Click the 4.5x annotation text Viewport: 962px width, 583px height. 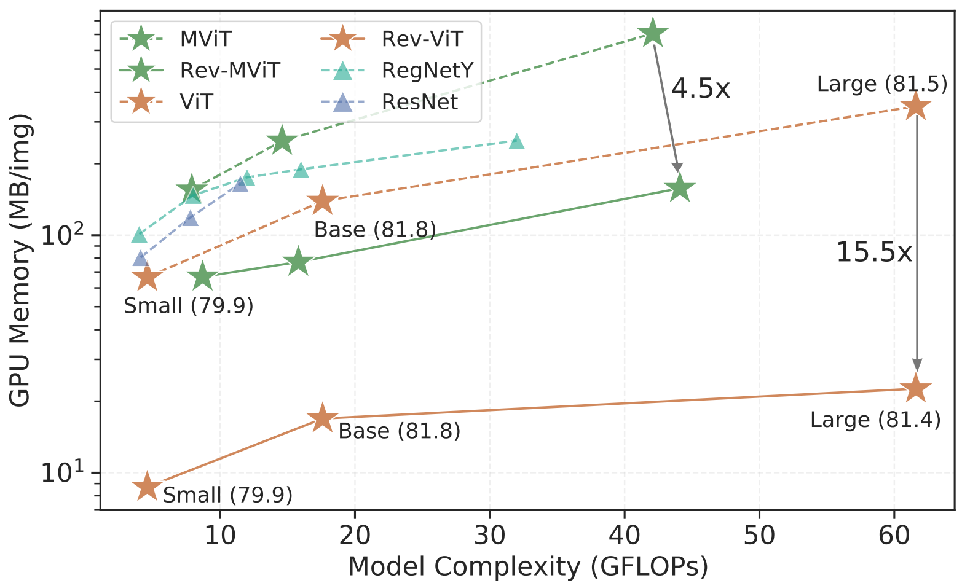point(700,89)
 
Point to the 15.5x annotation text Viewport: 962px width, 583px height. point(873,252)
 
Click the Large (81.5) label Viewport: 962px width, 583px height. point(882,84)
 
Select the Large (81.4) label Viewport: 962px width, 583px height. point(875,420)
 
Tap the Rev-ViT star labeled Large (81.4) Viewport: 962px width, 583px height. point(916,389)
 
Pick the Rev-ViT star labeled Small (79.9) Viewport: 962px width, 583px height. point(147,487)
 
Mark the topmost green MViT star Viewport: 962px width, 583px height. point(653,34)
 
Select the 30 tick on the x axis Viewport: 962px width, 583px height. point(490,535)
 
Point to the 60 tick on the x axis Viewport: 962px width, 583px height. point(894,535)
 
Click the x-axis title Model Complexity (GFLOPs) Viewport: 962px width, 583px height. point(527,566)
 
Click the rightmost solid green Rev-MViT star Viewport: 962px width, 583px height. point(679,188)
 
